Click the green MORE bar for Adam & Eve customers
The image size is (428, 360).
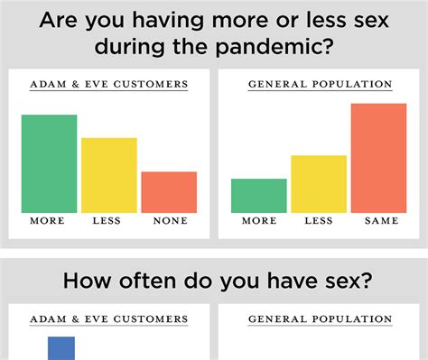49,163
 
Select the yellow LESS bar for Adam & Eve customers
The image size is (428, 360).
108,175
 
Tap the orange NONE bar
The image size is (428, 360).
169,192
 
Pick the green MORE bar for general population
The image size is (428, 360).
258,196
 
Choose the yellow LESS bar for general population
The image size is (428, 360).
318,184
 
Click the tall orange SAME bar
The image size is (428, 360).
378,158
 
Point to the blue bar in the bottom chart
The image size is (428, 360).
60,347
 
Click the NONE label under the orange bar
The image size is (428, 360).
170,221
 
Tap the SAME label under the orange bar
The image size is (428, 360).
379,221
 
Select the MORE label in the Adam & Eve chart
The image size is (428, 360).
48,221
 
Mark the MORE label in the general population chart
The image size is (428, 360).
258,221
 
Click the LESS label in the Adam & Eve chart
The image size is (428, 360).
108,221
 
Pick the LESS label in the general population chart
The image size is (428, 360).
319,221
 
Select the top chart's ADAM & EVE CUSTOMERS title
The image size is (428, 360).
108,85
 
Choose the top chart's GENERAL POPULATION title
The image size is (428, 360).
320,85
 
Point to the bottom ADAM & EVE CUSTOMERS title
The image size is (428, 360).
108,319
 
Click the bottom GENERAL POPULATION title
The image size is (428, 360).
320,319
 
